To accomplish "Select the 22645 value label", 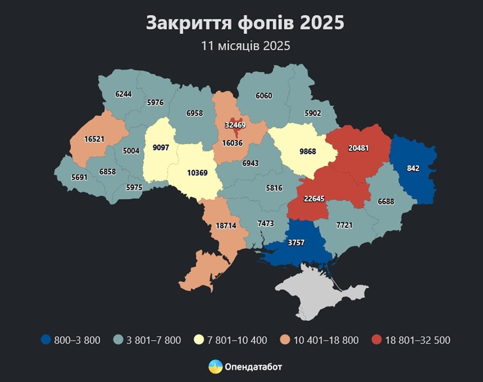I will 314,198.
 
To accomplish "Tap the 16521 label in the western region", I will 95,139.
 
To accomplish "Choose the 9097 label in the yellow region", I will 160,148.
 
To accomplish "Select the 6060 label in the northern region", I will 264,96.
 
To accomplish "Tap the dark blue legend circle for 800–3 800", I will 46,340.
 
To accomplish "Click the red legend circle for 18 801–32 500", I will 377,340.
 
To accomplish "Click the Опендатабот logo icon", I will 215,367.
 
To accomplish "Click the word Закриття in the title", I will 188,23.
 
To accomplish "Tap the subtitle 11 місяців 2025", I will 246,46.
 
